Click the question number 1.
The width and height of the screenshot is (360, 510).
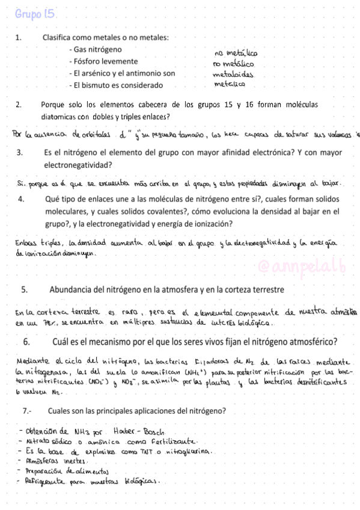click(x=20, y=37)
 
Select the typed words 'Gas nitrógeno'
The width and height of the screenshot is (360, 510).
click(x=97, y=49)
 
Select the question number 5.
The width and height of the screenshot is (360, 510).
click(x=25, y=289)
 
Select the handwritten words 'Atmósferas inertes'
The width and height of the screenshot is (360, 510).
click(x=53, y=461)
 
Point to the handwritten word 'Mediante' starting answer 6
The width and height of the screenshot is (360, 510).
click(x=35, y=362)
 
